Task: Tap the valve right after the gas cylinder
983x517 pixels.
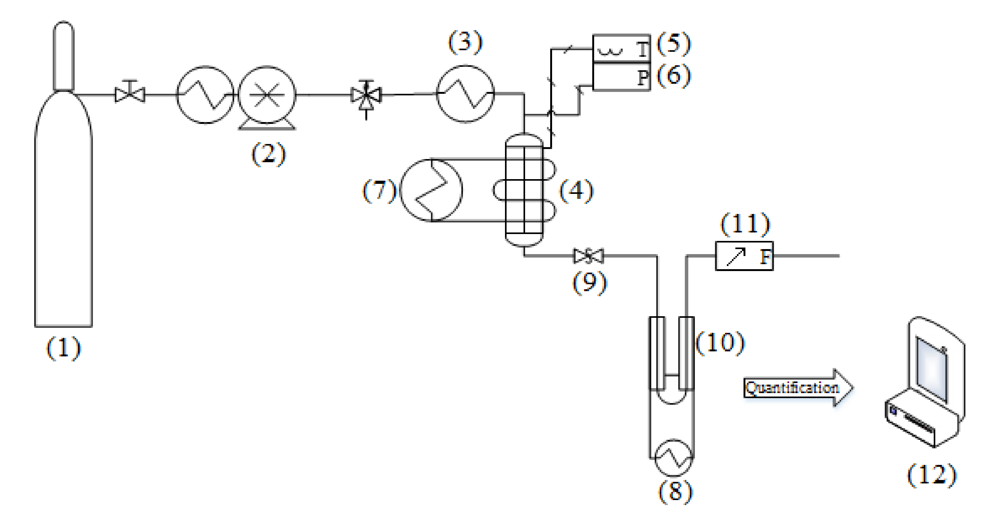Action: click(x=130, y=94)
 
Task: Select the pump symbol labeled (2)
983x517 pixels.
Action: click(x=267, y=95)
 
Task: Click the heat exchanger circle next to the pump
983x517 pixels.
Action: click(x=205, y=95)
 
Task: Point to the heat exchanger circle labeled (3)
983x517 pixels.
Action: click(x=465, y=93)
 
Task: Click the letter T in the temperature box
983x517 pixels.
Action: click(x=642, y=49)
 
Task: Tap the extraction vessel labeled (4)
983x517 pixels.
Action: click(x=524, y=189)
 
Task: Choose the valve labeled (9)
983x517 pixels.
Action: click(x=588, y=256)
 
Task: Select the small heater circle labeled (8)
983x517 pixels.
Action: click(x=673, y=457)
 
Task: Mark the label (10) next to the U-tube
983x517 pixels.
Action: click(x=720, y=342)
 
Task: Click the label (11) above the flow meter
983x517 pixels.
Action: click(x=745, y=224)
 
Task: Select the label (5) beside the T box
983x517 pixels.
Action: click(x=674, y=43)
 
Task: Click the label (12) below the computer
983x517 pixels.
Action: click(x=932, y=475)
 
